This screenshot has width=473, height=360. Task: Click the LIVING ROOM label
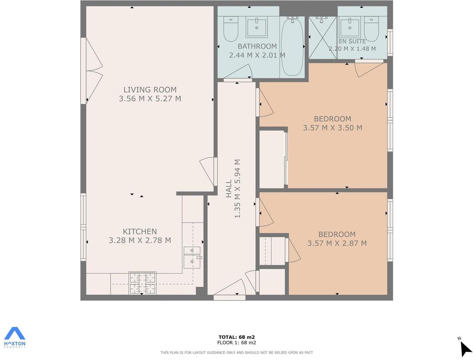click(150, 90)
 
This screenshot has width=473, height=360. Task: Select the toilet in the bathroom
click(230, 29)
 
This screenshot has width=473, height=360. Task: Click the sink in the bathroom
click(257, 28)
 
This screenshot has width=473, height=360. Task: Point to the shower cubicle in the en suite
click(322, 38)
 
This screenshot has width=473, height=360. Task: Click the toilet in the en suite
click(371, 29)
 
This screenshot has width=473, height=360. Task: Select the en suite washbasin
click(350, 28)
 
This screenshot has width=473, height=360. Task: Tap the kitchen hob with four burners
click(142, 283)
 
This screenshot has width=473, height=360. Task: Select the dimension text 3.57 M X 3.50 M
click(332, 128)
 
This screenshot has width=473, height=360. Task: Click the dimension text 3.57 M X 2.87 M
click(337, 243)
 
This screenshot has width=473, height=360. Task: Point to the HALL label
click(229, 189)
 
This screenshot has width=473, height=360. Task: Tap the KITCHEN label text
click(140, 232)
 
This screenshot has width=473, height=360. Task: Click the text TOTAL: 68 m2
click(236, 337)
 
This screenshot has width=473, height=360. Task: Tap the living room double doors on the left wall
click(92, 70)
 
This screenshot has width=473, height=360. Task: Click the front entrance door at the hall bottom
click(229, 289)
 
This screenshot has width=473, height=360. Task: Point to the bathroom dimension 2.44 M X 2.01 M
click(257, 55)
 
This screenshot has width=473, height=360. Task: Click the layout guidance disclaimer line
click(236, 352)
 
